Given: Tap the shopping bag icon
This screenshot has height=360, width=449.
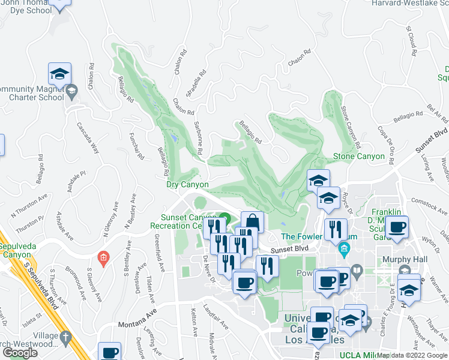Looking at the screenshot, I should click(253, 222).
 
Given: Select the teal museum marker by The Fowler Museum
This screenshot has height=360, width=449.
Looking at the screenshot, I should click(344, 247).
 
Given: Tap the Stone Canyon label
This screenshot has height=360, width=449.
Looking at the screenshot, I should click(358, 157).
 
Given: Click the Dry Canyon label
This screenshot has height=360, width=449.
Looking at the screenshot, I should click(187, 185).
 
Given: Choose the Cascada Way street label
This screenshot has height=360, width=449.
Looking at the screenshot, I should click(88, 139).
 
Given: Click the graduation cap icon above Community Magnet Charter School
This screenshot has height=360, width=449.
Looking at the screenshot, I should click(59, 74).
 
